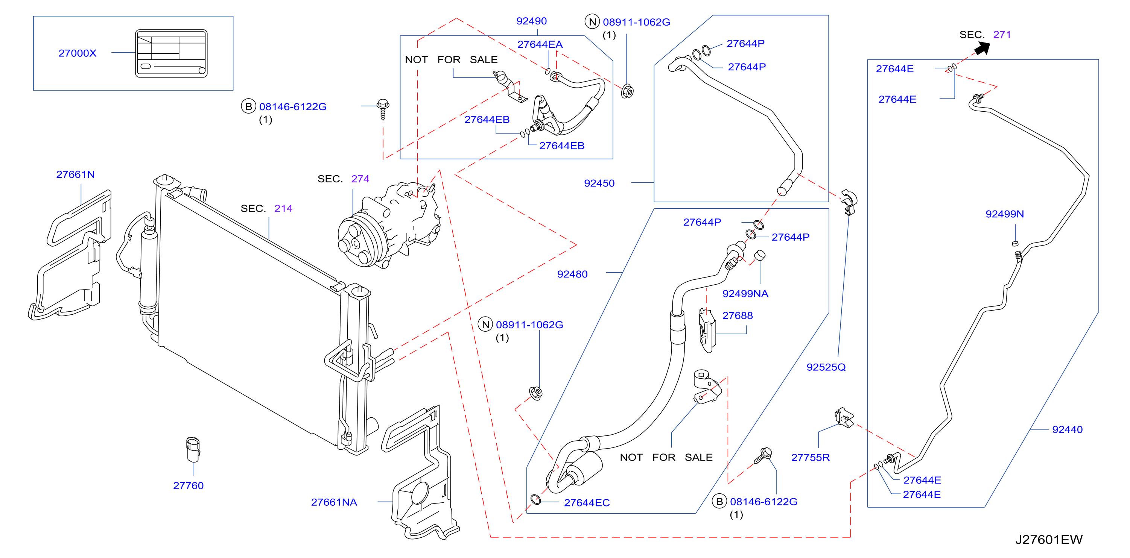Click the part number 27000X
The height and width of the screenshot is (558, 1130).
[x=77, y=53]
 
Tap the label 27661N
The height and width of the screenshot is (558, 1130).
[x=76, y=174]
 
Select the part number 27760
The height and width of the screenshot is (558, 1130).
[x=188, y=486]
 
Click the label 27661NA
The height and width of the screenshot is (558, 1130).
[x=334, y=502]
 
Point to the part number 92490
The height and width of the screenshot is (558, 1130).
[x=531, y=21]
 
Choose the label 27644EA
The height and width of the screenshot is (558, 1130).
[x=540, y=44]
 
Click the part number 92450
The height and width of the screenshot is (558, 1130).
[x=599, y=183]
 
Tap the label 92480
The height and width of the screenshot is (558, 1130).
[x=572, y=274]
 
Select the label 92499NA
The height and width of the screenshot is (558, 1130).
[x=745, y=294]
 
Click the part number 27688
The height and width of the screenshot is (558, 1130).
[x=738, y=315]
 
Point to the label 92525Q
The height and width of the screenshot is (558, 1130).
[x=826, y=367]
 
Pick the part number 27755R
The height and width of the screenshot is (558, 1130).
[x=810, y=458]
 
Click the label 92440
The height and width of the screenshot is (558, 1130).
[x=1067, y=429]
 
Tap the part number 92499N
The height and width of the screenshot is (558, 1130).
[x=1005, y=214]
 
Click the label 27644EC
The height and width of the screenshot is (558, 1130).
[x=587, y=503]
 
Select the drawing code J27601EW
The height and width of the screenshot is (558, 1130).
[x=1049, y=540]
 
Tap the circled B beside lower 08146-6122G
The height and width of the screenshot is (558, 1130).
[x=719, y=502]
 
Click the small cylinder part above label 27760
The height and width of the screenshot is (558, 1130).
[x=193, y=449]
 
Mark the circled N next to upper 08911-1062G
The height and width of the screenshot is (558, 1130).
[x=592, y=21]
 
